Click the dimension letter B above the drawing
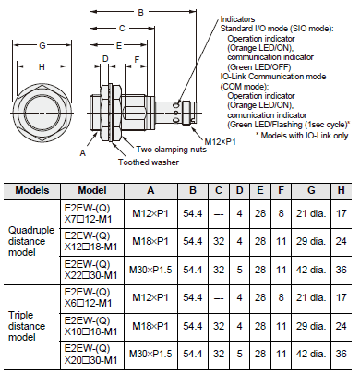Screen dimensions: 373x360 138,12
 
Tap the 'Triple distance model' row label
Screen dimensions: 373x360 32,325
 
